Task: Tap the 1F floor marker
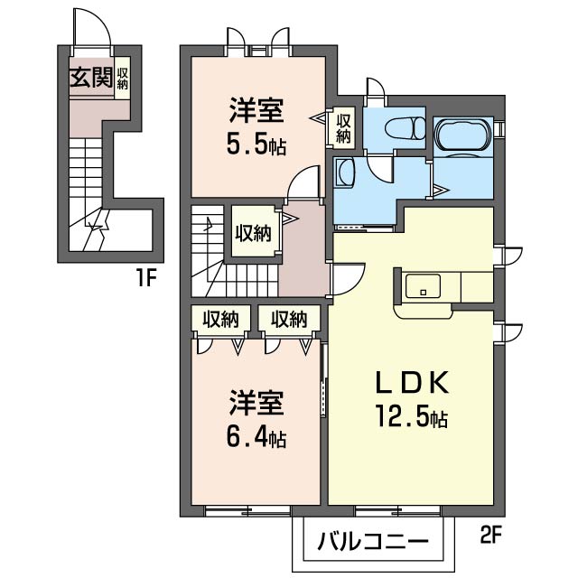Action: [147, 277]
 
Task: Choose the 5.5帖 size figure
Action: [256, 144]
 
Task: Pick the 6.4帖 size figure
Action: [256, 438]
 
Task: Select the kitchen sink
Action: [422, 288]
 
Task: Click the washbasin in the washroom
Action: [344, 171]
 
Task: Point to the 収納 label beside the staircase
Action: [254, 232]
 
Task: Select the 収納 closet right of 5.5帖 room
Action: [344, 128]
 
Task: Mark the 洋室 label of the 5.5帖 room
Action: [256, 113]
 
